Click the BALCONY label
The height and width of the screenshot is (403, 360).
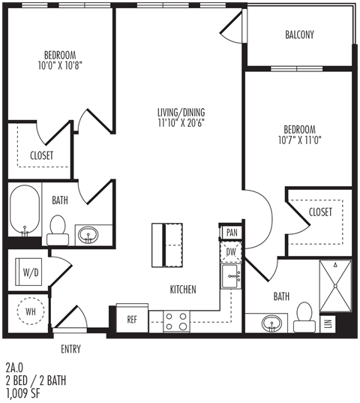tap(299, 35)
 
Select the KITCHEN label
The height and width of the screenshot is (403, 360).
tap(183, 289)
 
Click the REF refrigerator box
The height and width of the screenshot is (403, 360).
tap(132, 319)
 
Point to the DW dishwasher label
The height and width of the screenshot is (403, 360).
tap(231, 252)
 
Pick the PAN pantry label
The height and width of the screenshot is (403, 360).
tap(231, 233)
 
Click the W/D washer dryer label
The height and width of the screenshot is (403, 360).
tap(31, 271)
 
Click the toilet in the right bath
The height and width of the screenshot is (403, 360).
tap(304, 317)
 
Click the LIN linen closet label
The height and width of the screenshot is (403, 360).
tap(328, 323)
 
